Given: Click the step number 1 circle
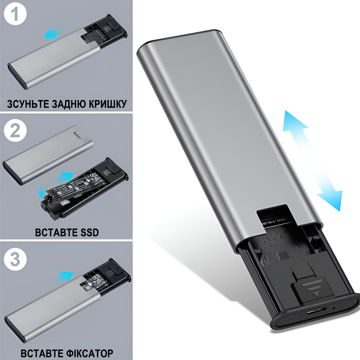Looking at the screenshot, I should (15, 15).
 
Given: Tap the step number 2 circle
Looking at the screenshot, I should (15, 131).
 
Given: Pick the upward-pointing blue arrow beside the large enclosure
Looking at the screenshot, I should (296, 128).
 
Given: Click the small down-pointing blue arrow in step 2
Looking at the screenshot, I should (42, 191).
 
